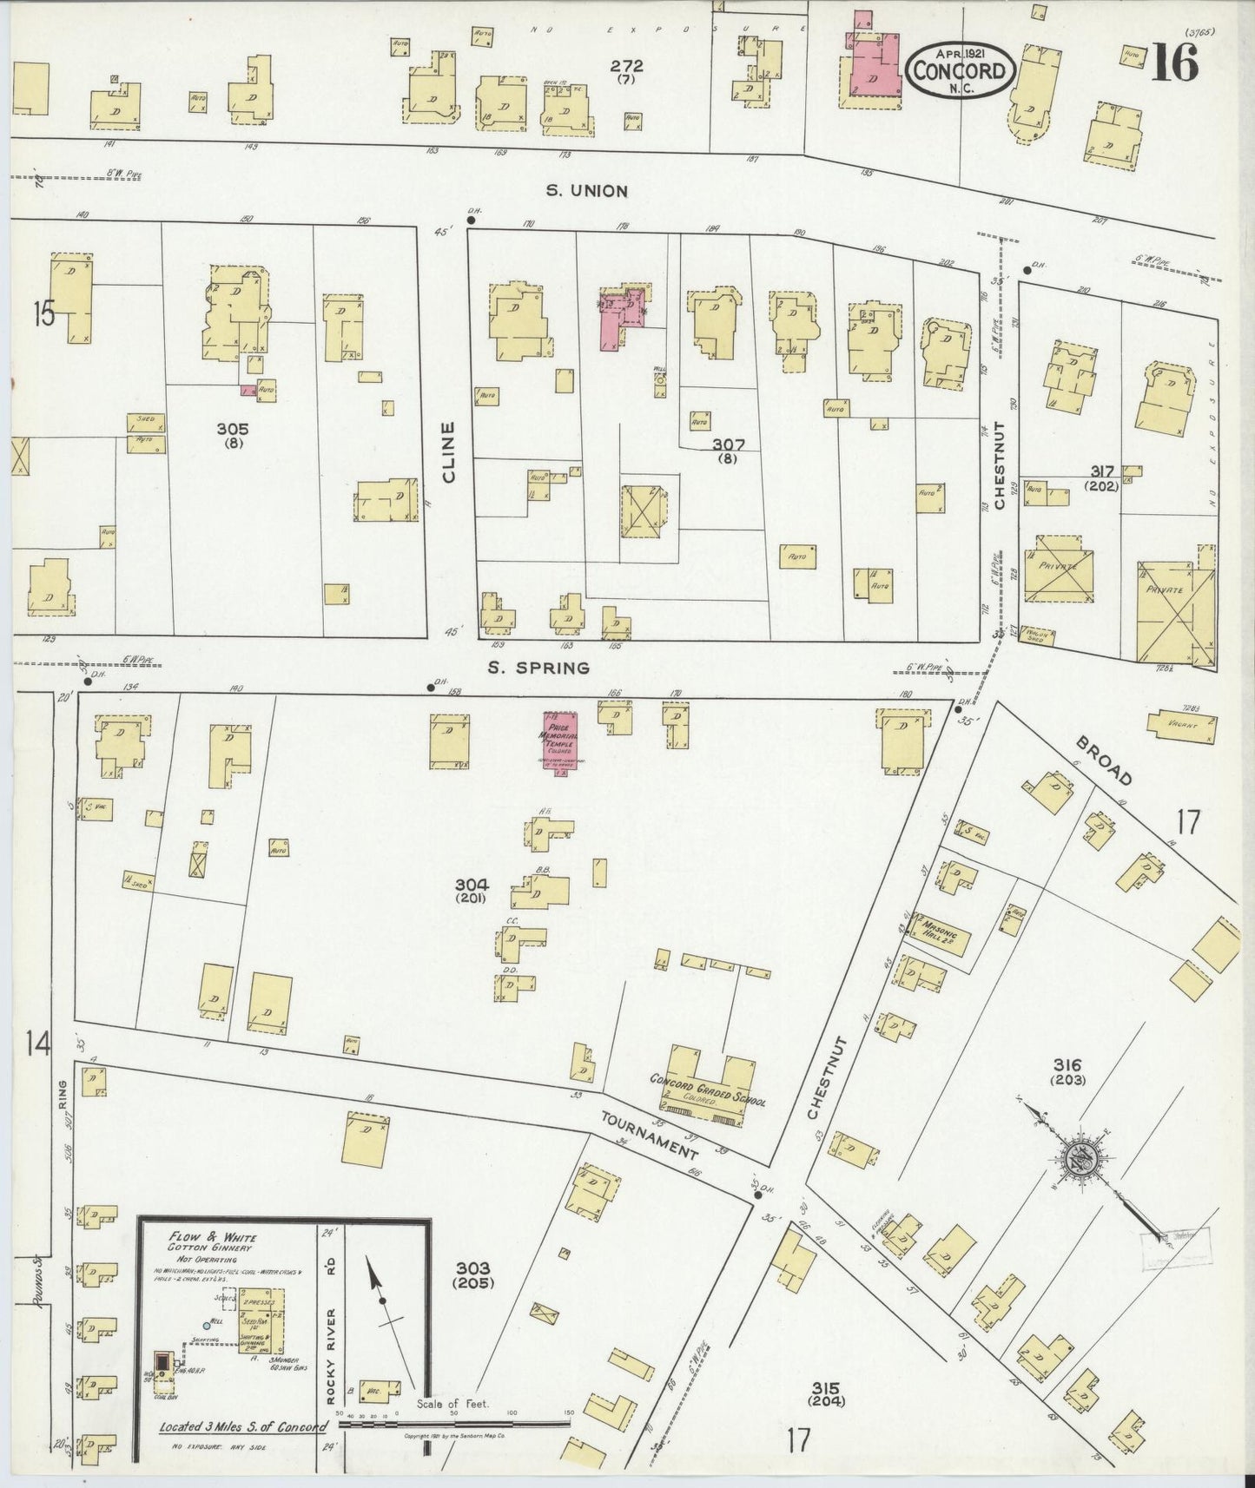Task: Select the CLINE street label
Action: tap(448, 451)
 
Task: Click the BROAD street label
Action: tap(1104, 762)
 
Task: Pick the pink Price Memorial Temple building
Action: tap(561, 739)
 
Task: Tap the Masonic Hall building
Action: tap(940, 933)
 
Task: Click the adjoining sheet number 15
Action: tap(43, 313)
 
